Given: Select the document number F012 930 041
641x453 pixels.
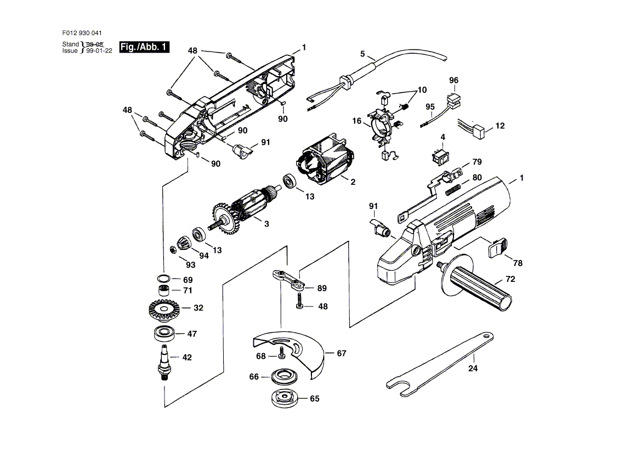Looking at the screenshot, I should click(82, 33).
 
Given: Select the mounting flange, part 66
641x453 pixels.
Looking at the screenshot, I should click(286, 377).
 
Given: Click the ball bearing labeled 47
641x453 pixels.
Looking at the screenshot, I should click(164, 333).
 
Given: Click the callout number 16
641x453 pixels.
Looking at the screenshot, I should click(357, 121).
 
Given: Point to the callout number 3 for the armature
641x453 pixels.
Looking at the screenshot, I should click(266, 224).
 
